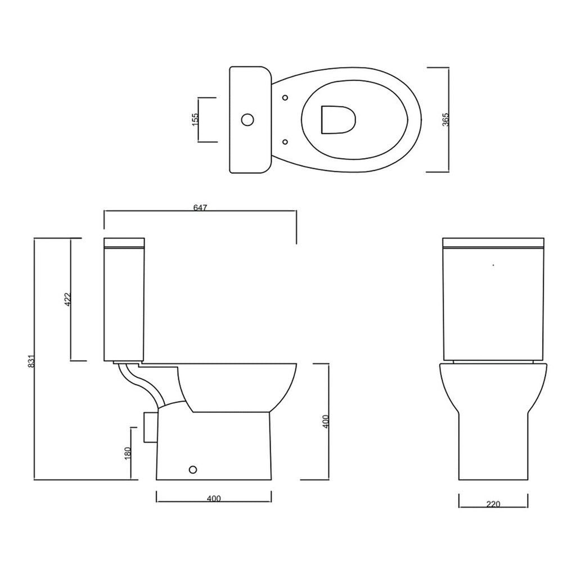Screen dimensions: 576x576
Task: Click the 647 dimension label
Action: point(200,208)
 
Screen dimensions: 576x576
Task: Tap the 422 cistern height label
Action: point(68,299)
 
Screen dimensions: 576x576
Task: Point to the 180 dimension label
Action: point(128,453)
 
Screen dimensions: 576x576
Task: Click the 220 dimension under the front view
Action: point(493,505)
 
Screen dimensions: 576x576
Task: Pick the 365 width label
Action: point(445,120)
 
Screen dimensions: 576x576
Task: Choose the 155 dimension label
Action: point(195,119)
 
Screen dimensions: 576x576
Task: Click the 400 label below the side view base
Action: point(214,498)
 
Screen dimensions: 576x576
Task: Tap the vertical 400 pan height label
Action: point(326,421)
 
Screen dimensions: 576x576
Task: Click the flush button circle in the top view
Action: point(247,119)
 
